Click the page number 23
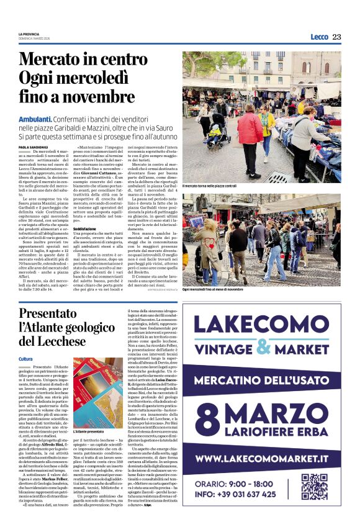pos(336,37)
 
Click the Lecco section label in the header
pos(319,37)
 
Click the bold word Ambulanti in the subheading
pos(35,118)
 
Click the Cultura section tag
pos(25,359)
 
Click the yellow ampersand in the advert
pos(266,347)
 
